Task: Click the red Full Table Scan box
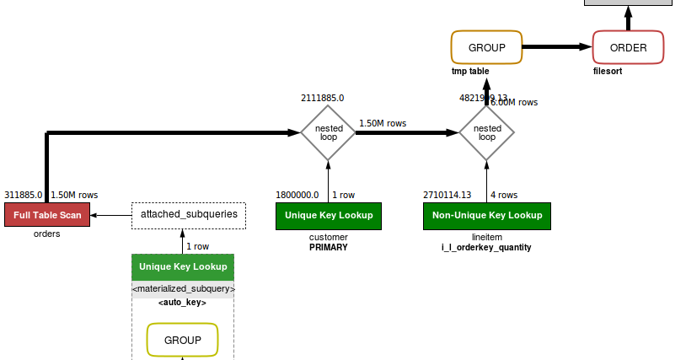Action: (x=47, y=215)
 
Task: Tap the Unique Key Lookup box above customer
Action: (x=329, y=215)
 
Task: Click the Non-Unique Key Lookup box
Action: (x=486, y=215)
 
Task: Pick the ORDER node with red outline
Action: (x=628, y=47)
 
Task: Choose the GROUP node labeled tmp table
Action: (x=486, y=47)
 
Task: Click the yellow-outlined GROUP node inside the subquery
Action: (x=182, y=340)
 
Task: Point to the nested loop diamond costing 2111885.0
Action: (x=329, y=132)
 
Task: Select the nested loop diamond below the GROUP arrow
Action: (x=486, y=132)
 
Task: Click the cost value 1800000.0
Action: (x=297, y=195)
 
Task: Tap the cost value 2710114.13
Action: (x=447, y=195)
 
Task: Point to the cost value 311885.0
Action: (x=23, y=195)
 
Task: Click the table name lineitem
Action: (x=486, y=237)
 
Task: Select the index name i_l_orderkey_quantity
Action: (x=486, y=248)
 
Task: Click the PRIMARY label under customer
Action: (x=329, y=248)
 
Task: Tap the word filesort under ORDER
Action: (x=608, y=72)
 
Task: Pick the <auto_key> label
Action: (x=182, y=302)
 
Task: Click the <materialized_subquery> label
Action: (x=183, y=289)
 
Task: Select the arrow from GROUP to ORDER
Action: (x=557, y=47)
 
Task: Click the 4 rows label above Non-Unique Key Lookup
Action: (x=504, y=195)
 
